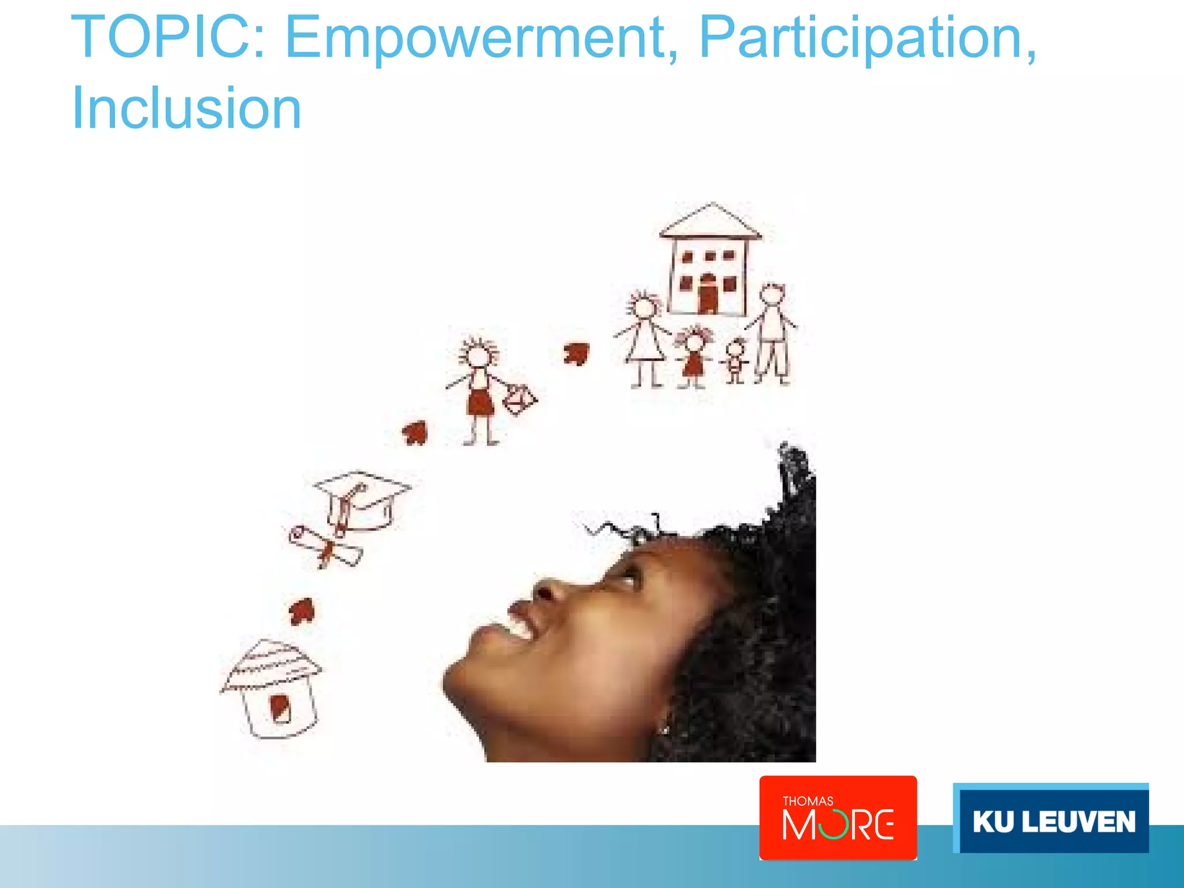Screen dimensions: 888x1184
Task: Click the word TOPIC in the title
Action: click(x=168, y=38)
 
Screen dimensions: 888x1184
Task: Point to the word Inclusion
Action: click(x=186, y=108)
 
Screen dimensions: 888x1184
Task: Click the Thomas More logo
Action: click(x=838, y=817)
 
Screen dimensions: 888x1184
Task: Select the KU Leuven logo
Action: click(x=1050, y=819)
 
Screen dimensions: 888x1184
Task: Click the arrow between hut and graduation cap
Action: click(x=302, y=610)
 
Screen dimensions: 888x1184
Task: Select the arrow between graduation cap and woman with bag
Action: click(x=415, y=432)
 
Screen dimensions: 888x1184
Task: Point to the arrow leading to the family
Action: click(x=576, y=353)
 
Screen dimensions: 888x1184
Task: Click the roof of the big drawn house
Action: click(x=711, y=222)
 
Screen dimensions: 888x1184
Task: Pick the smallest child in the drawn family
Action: click(x=735, y=361)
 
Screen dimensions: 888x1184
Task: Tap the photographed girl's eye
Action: click(x=628, y=576)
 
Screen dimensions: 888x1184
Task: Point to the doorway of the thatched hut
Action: click(x=280, y=708)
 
